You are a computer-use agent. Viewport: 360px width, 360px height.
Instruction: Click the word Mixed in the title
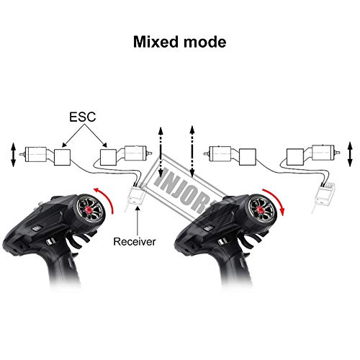click(156, 42)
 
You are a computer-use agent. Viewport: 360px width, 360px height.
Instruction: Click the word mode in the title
click(204, 42)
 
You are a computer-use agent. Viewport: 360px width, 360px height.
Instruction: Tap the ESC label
click(83, 117)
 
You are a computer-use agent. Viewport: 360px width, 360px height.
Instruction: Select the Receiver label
click(135, 241)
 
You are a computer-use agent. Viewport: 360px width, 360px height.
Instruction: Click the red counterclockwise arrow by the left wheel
click(107, 197)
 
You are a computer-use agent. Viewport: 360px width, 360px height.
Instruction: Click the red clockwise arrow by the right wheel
click(276, 198)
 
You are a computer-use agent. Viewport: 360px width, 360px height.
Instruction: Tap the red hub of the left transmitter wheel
click(89, 210)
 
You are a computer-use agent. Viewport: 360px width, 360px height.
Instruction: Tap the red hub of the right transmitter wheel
click(260, 210)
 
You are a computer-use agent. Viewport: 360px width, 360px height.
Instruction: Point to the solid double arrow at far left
click(13, 155)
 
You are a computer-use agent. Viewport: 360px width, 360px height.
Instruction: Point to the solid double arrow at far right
click(350, 154)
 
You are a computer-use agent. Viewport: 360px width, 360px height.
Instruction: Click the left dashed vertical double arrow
click(161, 153)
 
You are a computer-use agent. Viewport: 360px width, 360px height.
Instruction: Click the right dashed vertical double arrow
click(192, 152)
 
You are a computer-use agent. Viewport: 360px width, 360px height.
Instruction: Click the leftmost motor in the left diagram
click(34, 154)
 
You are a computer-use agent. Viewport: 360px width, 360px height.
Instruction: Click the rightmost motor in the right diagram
click(325, 153)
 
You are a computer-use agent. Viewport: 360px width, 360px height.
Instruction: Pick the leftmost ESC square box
click(63, 157)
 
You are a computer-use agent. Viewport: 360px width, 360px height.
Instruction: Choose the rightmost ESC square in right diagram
click(295, 157)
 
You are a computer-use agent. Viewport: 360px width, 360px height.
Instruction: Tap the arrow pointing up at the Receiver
click(138, 221)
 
